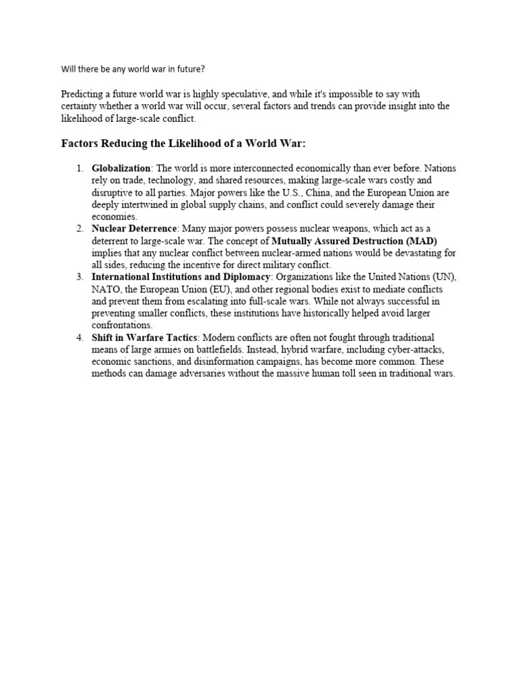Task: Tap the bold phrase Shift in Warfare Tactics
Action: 145,337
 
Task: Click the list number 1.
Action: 79,168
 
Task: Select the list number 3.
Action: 79,277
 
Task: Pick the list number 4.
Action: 79,337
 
